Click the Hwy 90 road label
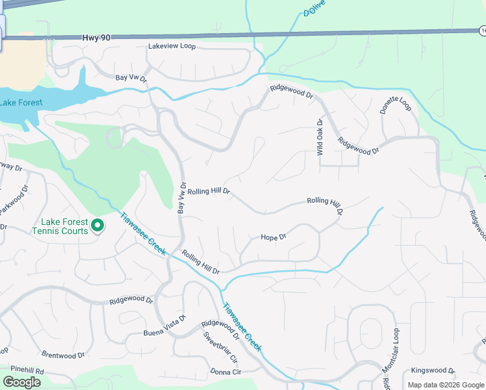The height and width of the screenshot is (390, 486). tap(96, 38)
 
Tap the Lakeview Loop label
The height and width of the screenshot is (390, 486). tap(172, 47)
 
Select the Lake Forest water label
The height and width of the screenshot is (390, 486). tap(21, 103)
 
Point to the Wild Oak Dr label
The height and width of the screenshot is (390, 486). tap(320, 136)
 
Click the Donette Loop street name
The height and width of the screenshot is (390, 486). tap(396, 106)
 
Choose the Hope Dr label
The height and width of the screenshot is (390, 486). tap(273, 238)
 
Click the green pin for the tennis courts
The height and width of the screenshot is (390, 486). tap(97, 226)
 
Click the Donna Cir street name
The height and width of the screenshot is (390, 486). tap(225, 372)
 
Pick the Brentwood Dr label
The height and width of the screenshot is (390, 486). tap(63, 355)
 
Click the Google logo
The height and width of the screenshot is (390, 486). tap(21, 382)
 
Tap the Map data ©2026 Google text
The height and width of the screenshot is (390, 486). tap(446, 385)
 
